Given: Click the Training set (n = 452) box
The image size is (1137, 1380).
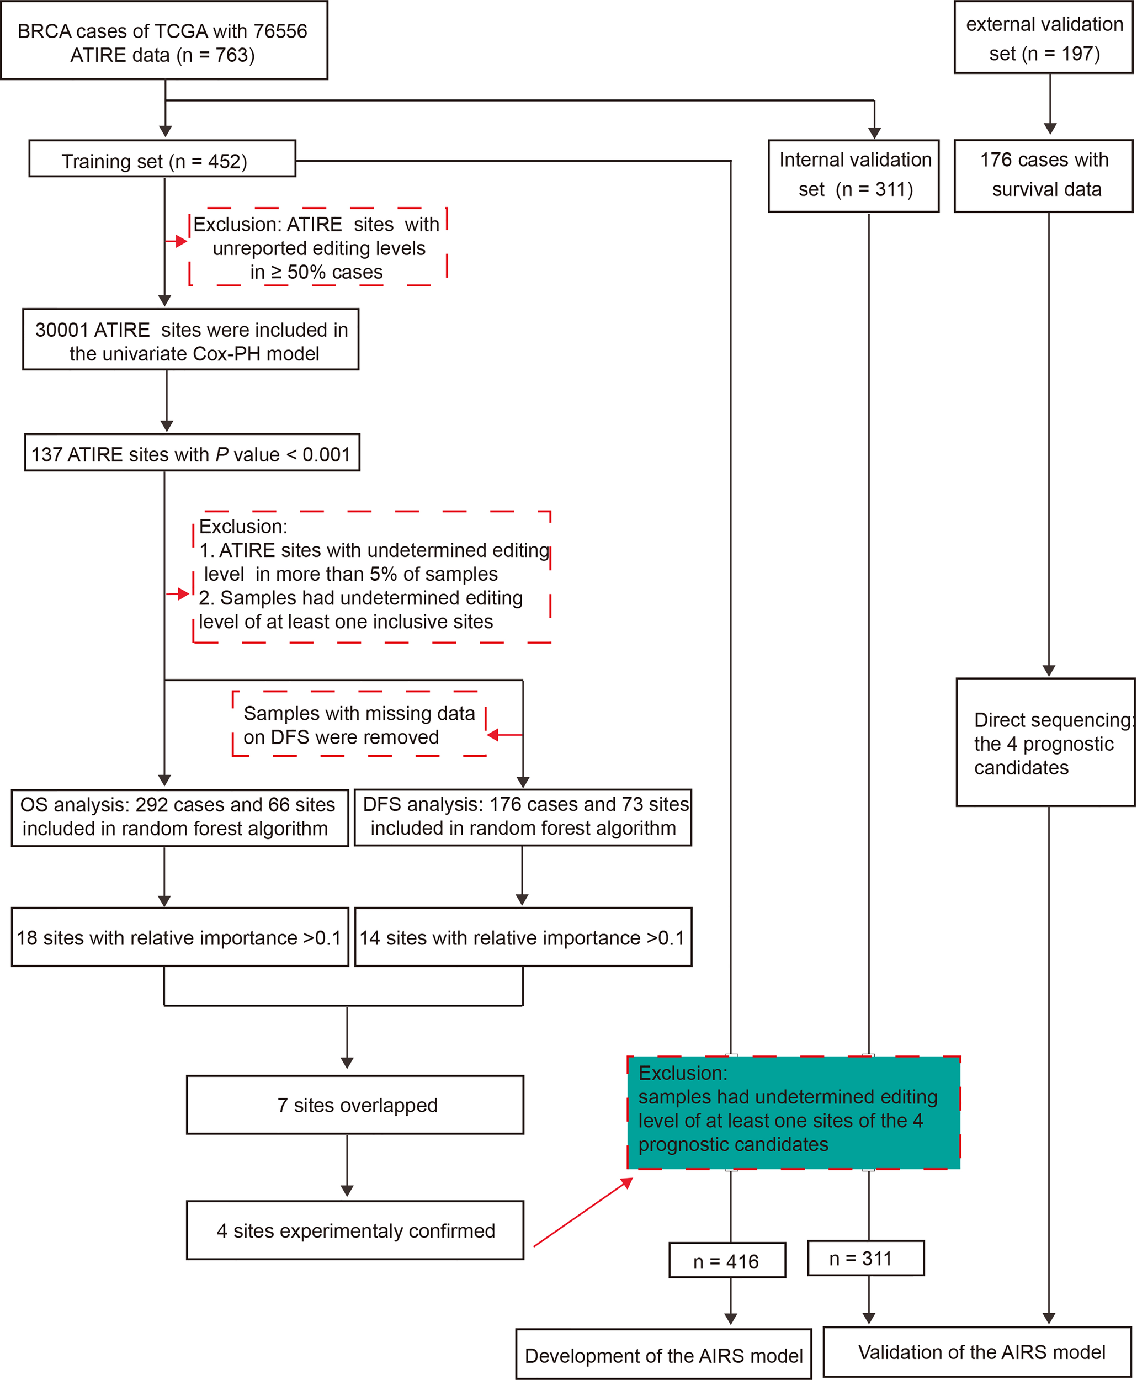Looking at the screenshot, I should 162,158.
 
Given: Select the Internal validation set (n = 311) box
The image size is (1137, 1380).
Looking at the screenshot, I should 853,176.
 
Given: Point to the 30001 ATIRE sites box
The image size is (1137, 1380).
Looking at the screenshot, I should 190,339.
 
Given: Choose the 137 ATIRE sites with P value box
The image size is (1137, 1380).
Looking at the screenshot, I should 192,452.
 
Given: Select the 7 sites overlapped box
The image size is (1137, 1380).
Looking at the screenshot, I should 355,1105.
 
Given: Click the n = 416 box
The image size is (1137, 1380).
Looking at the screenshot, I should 726,1261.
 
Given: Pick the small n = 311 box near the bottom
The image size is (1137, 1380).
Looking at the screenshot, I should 865,1258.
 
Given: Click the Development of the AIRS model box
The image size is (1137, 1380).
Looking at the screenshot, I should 663,1355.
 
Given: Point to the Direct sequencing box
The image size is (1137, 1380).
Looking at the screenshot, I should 1045,742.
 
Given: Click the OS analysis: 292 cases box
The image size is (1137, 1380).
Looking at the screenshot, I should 179,818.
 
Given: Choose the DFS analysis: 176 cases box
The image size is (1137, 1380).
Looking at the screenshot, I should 523,817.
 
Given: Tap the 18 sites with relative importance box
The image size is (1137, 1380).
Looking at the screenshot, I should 179,937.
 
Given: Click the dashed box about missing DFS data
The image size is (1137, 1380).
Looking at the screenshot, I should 359,724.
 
